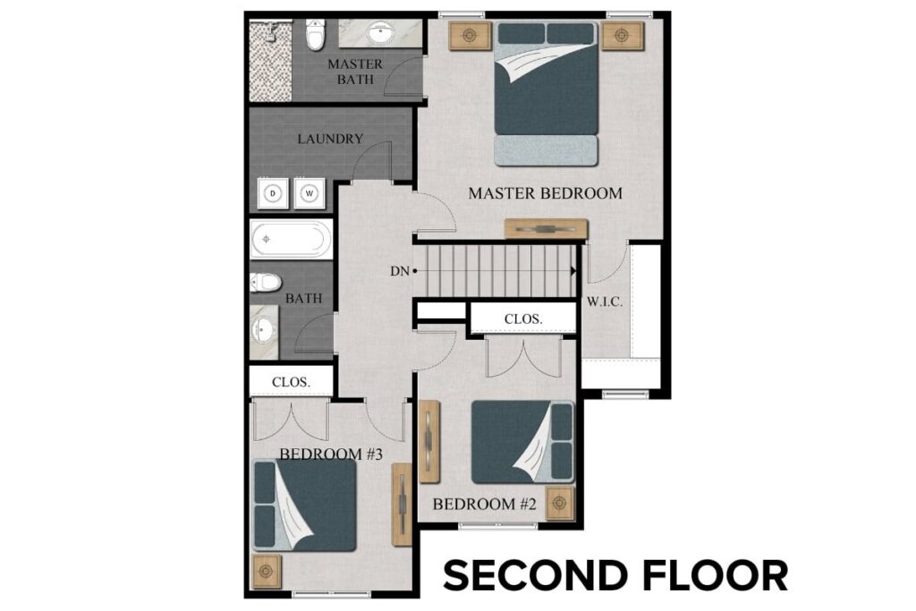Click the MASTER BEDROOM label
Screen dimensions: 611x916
tap(545, 193)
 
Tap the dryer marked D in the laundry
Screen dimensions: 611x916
tap(275, 192)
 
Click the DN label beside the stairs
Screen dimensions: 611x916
tap(398, 270)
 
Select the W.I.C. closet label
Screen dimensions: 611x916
tap(605, 301)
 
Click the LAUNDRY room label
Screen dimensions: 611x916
tap(330, 139)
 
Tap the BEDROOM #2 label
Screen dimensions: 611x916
tap(484, 505)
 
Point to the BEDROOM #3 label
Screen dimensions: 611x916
tap(331, 454)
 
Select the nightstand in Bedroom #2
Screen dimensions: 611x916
tap(560, 504)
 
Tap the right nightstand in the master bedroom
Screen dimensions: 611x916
tap(617, 36)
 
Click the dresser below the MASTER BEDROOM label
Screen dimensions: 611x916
tap(546, 229)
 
